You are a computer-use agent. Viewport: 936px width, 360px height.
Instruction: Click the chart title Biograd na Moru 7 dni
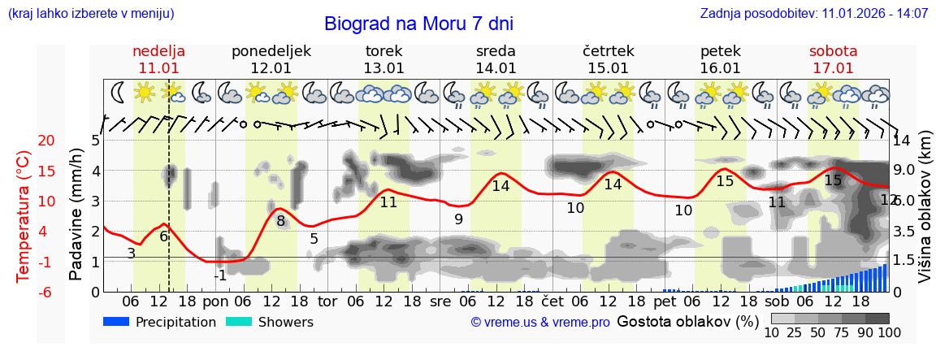coord(418,24)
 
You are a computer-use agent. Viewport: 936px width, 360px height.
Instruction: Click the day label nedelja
coord(158,51)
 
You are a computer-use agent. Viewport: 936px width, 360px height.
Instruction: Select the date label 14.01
coord(496,68)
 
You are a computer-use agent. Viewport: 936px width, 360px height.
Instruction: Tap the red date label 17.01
coord(833,68)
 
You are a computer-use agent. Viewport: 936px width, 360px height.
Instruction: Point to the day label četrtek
coord(608,51)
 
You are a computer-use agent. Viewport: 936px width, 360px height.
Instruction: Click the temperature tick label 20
coord(24,141)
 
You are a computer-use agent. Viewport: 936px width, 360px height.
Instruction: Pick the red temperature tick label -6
coord(24,292)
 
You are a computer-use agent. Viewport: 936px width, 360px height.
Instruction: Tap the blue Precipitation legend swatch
coord(116,322)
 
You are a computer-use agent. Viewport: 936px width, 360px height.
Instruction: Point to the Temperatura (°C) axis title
coord(24,216)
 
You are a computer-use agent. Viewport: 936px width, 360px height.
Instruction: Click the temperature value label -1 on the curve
coord(219,275)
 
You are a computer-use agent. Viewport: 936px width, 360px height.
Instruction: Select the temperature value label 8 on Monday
coord(280,220)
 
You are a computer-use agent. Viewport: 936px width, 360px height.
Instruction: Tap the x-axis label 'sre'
coord(440,301)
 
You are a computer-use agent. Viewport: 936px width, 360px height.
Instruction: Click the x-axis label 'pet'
coord(665,301)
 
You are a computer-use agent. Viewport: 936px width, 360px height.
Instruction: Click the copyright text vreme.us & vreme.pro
coord(540,323)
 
